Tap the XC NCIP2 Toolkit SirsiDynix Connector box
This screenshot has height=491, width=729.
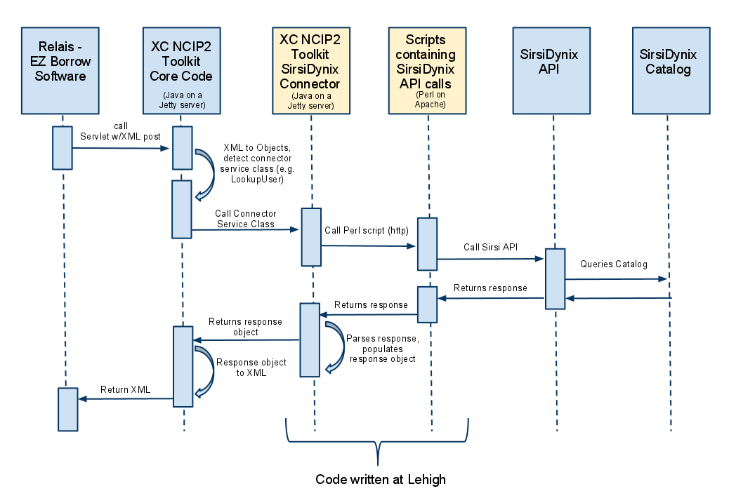tap(310, 70)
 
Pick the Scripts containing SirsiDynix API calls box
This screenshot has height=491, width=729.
tap(426, 70)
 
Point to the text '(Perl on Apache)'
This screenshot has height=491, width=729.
tap(426, 100)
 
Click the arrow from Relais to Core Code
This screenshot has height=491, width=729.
tap(122, 148)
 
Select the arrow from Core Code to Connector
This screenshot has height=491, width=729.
tap(246, 229)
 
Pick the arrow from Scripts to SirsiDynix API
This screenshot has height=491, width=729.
tap(491, 259)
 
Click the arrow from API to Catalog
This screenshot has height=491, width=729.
tap(616, 279)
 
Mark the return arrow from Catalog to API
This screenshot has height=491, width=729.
tap(618, 299)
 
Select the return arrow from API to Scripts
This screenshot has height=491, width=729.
tap(492, 299)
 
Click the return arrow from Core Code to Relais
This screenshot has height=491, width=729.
tap(125, 398)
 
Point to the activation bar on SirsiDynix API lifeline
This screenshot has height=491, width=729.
tap(555, 278)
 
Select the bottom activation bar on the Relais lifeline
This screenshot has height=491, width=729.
tap(67, 409)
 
